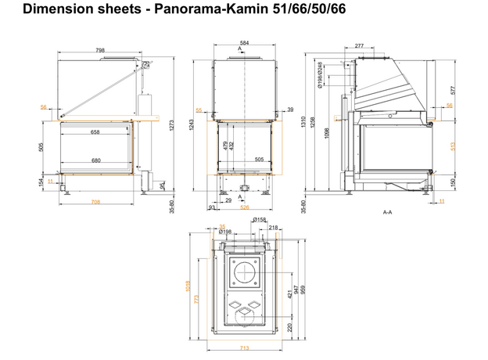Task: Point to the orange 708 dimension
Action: (95, 201)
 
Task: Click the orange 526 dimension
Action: (244, 207)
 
